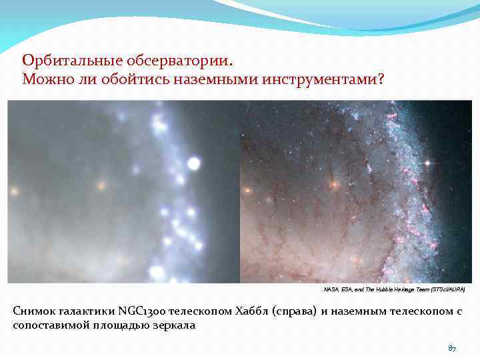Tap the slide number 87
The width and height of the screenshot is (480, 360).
pos(451,349)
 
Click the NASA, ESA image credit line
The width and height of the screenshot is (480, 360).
pos(394,291)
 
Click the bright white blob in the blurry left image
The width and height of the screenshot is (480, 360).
pos(194,163)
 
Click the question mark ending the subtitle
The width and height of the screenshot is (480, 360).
pos(381,80)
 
